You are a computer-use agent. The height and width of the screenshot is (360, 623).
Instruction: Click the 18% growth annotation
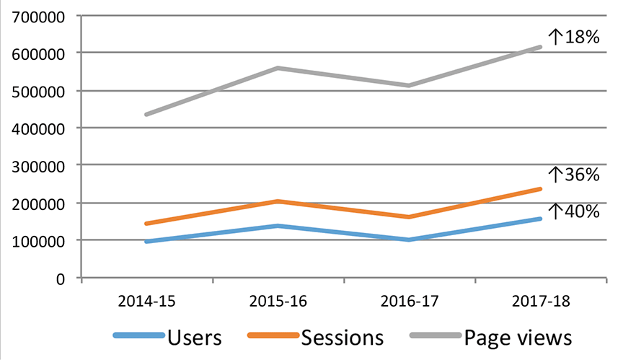(x=574, y=37)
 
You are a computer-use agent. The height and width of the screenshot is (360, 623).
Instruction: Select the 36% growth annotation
(x=574, y=175)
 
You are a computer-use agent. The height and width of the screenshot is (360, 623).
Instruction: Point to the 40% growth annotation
(x=574, y=211)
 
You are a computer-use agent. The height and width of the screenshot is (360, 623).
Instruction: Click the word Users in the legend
(x=194, y=338)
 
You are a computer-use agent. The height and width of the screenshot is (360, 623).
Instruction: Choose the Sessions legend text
(x=343, y=338)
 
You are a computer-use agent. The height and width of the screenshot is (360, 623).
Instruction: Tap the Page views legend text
(x=518, y=338)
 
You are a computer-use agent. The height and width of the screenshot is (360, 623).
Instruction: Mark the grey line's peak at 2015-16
(x=278, y=68)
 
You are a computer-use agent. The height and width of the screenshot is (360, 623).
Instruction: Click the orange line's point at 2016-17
(x=409, y=216)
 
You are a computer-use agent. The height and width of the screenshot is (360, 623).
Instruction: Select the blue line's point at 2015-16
(x=278, y=226)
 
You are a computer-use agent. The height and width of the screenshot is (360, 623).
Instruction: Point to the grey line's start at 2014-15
(x=147, y=115)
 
